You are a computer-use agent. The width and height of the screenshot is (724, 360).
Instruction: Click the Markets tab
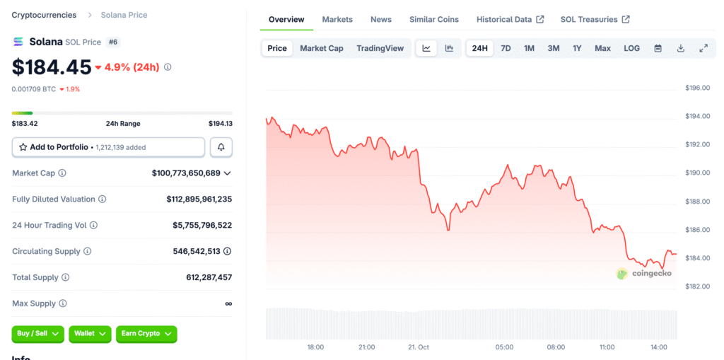point(337,19)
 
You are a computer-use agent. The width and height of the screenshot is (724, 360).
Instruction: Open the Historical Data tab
point(510,19)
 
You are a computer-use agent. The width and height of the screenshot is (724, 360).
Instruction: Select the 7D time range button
point(506,48)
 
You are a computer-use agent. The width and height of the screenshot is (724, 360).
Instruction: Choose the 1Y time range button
point(577,48)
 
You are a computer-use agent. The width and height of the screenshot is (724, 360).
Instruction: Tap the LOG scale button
point(631,48)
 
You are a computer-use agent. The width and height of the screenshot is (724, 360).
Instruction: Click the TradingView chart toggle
point(380,48)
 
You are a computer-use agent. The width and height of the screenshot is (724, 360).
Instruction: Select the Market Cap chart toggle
point(321,48)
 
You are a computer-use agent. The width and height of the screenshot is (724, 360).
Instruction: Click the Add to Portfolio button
point(108,147)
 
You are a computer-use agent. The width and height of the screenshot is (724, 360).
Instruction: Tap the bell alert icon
point(221,147)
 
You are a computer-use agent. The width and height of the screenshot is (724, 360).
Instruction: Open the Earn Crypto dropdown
point(146,333)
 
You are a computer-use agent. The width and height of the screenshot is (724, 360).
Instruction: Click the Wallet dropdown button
point(90,333)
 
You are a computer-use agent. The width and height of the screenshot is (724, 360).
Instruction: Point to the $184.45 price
point(52,67)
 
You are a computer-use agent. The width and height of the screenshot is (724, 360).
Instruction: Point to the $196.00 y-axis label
point(697,88)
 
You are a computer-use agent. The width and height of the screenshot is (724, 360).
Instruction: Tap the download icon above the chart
point(681,48)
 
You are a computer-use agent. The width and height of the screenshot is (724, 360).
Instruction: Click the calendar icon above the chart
point(658,48)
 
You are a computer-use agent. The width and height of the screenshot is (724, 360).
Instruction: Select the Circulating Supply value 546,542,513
point(197,251)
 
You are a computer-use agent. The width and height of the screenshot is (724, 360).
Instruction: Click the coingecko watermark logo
point(644,273)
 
